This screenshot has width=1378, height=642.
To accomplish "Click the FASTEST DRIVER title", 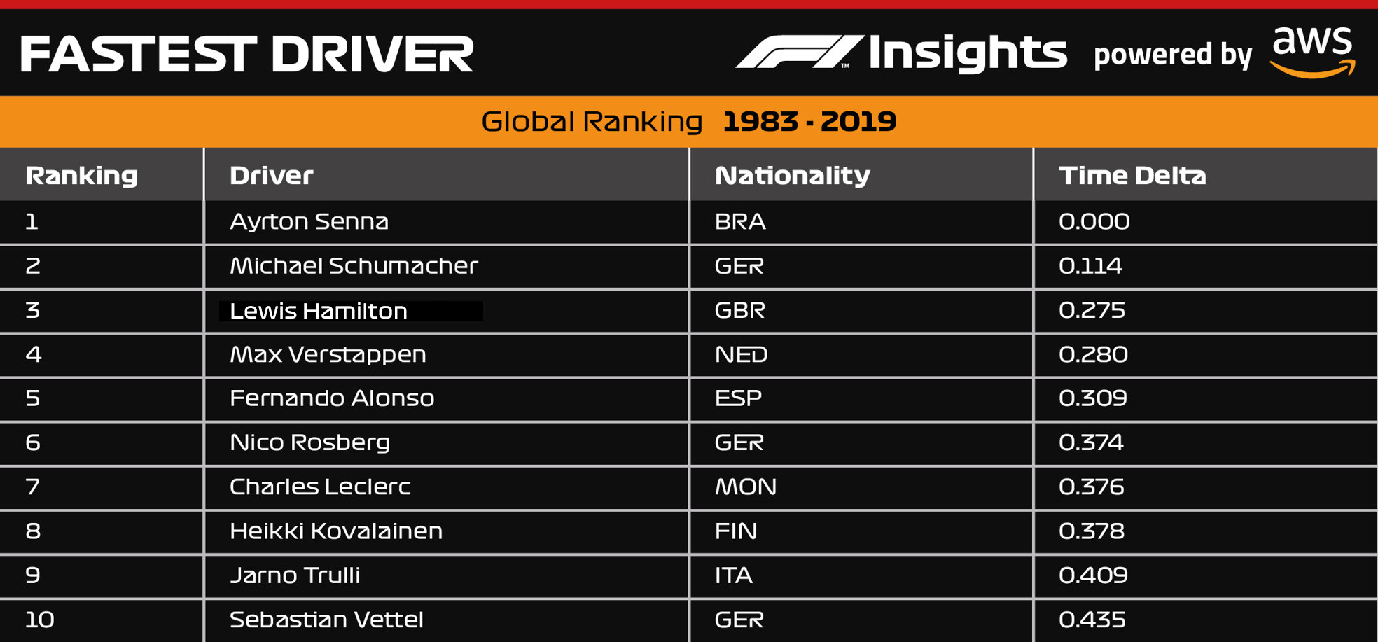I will coord(246,55).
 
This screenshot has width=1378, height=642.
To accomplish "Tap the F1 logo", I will coord(799,52).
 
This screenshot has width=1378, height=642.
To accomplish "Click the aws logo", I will coord(1313,52).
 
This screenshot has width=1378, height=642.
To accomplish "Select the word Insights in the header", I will coord(968,53).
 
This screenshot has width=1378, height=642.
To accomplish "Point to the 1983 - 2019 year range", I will coord(809,122).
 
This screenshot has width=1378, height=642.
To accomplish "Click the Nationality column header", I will coord(792,175).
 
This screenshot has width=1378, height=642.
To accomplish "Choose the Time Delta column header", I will coord(1132,175).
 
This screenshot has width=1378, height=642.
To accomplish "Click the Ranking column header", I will coord(81,175).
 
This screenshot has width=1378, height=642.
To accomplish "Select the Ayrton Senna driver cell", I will coord(309,222).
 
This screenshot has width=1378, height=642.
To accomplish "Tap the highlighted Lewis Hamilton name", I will coord(319,311).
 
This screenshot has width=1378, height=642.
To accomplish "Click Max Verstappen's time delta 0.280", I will coord(1093,354).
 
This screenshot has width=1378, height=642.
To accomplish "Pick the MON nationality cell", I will coord(745,487).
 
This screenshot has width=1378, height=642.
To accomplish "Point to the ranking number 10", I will coord(39,620).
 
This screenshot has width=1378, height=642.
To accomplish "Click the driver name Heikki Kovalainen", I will coord(336,531).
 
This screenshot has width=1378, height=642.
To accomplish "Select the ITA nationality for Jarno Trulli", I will coord(733,575).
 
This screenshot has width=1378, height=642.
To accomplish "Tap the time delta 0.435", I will coord(1092,620).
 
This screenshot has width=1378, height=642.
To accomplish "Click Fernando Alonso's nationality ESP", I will coord(738,398).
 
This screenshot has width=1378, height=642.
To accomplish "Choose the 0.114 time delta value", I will coord(1090,266).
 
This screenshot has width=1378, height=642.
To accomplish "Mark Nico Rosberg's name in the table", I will coord(309,442).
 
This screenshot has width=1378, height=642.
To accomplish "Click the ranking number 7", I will coord(32,487).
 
